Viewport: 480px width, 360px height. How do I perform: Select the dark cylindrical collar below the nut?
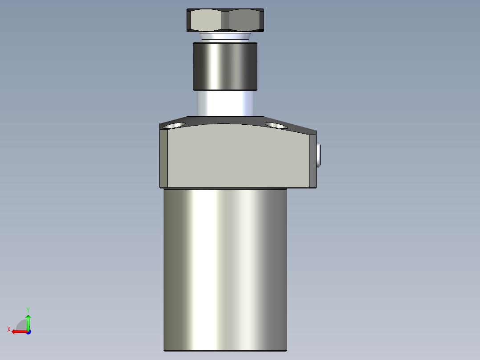(x=225, y=65)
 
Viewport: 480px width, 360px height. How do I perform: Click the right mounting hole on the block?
(x=276, y=125)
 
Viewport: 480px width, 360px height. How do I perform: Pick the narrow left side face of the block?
(x=163, y=158)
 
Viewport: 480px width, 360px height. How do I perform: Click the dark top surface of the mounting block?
(x=225, y=120)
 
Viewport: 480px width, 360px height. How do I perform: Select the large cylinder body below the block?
(x=225, y=267)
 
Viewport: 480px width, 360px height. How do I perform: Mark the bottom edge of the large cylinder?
(x=225, y=351)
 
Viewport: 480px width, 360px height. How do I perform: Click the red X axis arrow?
(x=18, y=331)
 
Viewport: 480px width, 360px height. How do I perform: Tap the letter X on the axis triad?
(x=9, y=329)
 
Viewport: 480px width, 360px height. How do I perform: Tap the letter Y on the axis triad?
(x=28, y=309)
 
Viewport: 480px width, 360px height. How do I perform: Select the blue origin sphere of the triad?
(x=28, y=331)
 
